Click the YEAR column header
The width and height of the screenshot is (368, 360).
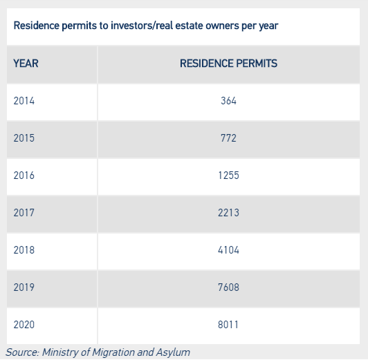(26, 64)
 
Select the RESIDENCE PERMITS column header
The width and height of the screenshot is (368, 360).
(228, 64)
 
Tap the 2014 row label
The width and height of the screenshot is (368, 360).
(24, 101)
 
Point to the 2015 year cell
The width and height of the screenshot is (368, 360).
(24, 138)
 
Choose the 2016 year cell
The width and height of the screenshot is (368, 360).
(24, 176)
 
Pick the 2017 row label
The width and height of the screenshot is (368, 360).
(24, 213)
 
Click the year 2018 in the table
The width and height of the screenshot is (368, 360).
(24, 250)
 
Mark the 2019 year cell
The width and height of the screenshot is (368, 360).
(24, 287)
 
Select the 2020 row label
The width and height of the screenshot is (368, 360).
(24, 325)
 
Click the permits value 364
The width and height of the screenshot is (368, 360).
(228, 101)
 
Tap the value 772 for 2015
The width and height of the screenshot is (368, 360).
(228, 138)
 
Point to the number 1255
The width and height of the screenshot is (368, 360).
(228, 176)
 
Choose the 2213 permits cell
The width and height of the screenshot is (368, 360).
(228, 213)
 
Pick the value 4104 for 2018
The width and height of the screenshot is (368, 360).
(228, 250)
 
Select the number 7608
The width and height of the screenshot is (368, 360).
(228, 287)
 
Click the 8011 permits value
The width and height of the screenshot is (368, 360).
(228, 325)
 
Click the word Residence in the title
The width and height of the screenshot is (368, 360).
(36, 26)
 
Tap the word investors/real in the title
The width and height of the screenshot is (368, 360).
(142, 26)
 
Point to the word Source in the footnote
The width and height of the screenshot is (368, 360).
(22, 352)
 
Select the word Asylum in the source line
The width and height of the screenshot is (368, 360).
(173, 352)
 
